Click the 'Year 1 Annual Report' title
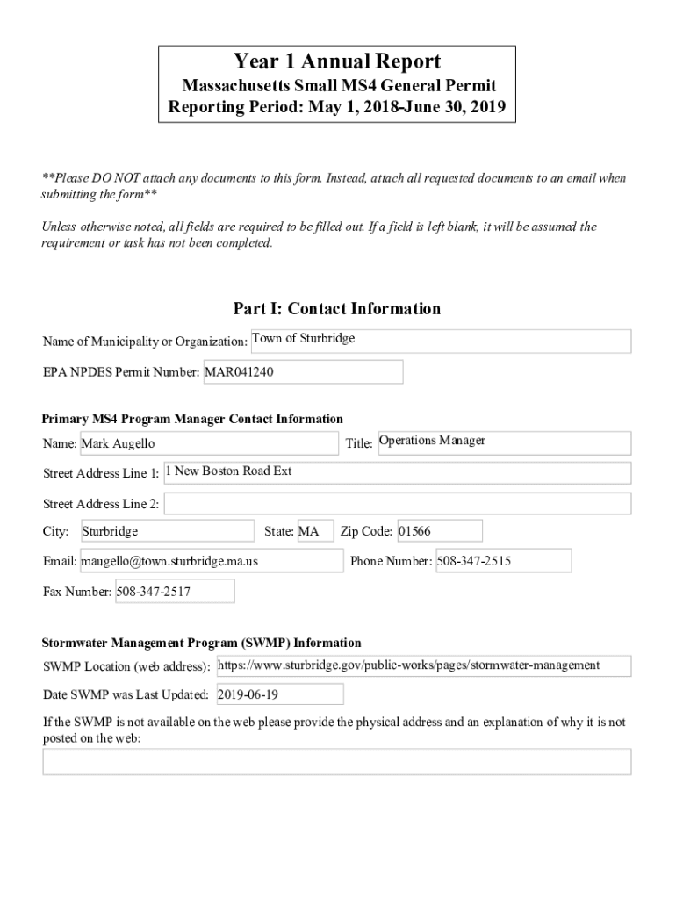pos(337,61)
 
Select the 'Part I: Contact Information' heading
pos(337,308)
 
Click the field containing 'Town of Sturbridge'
pos(440,341)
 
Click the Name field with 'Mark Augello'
pos(208,443)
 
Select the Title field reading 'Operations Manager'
pos(503,442)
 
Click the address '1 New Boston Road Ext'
pos(397,472)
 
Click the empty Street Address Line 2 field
pos(397,504)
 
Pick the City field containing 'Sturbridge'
pos(167,531)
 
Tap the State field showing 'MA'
pos(314,531)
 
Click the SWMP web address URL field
pos(422,666)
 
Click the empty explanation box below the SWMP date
pos(337,761)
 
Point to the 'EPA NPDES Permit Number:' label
pos(122,372)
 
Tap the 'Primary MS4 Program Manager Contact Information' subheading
pos(193,419)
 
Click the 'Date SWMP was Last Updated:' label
pos(126,695)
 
